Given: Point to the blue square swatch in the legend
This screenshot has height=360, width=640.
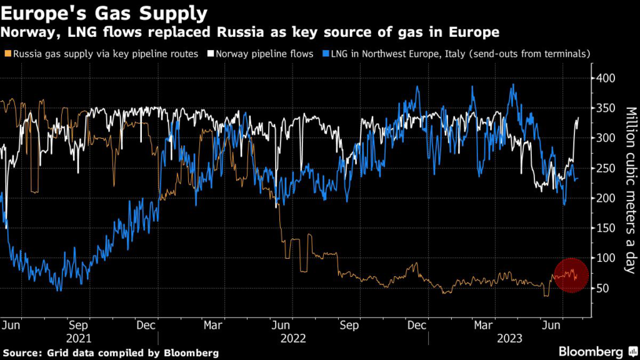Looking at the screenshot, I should [323, 54].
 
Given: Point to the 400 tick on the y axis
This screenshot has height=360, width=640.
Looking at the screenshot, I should [606, 78].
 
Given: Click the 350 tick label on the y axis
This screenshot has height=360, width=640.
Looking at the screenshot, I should [606, 108].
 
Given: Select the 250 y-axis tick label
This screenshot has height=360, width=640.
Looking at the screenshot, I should [606, 168].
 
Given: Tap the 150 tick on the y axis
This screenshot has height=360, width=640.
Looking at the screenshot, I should [606, 228].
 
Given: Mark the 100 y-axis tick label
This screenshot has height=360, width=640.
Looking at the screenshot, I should [606, 258].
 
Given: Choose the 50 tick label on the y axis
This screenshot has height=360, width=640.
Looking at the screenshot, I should [603, 288].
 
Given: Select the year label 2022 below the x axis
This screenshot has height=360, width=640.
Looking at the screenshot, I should [293, 339].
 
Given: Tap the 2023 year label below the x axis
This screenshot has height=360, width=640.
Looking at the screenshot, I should [509, 339].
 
